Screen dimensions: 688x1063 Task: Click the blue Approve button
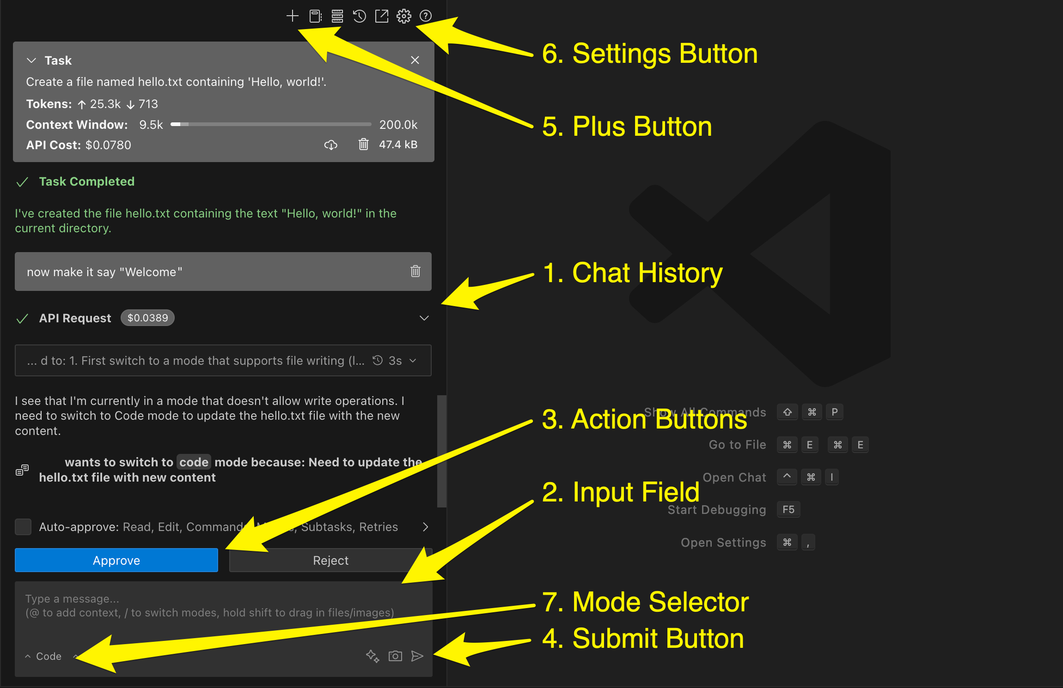[116, 560]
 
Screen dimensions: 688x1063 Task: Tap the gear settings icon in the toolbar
[403, 16]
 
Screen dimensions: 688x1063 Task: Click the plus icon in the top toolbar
[292, 16]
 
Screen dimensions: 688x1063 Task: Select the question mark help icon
[425, 16]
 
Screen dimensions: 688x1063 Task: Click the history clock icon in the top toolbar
[359, 16]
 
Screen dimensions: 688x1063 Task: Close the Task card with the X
[415, 60]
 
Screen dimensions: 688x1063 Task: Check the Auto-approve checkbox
[23, 526]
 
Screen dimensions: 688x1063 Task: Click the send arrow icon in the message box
[417, 656]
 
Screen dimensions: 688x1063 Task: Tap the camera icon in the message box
[395, 656]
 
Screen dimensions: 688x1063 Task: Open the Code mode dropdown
[44, 656]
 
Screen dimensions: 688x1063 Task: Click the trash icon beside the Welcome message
[415, 271]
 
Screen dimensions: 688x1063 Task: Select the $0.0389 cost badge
[147, 318]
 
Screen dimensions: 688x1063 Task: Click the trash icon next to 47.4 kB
[363, 145]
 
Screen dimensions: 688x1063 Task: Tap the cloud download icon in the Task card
[330, 145]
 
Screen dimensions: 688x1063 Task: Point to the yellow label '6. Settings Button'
[649, 54]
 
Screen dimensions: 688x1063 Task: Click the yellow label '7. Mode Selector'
[645, 602]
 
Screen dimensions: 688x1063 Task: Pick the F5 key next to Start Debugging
[788, 509]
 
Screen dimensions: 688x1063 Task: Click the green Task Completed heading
[86, 181]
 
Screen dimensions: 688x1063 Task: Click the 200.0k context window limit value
[398, 125]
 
